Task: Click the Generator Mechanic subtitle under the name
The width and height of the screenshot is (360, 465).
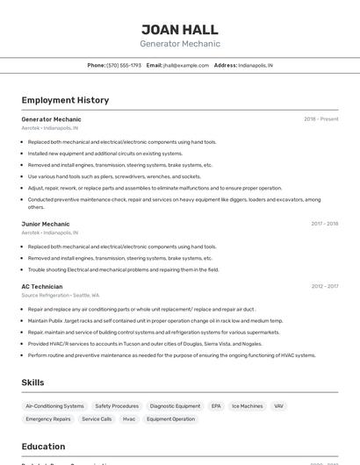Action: tap(180, 44)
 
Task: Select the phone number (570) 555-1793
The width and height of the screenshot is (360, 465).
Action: tap(124, 66)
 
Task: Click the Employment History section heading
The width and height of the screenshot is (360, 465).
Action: tap(65, 100)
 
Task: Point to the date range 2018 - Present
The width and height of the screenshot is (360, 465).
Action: tap(320, 119)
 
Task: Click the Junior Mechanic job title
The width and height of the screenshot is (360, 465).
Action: tap(46, 224)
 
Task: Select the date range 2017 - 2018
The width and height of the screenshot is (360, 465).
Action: tap(324, 224)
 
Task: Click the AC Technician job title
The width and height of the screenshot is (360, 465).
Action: tap(42, 286)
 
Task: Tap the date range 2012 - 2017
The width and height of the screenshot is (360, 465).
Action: tap(324, 286)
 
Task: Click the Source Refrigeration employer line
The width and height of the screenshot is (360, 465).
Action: tap(61, 296)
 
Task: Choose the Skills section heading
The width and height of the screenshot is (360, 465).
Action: tap(32, 383)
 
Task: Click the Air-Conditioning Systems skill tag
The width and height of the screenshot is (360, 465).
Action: tap(54, 406)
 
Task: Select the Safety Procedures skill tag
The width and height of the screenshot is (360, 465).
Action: tap(117, 406)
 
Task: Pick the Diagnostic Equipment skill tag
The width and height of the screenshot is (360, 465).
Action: tap(175, 406)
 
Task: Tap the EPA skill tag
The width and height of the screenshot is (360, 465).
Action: tap(216, 406)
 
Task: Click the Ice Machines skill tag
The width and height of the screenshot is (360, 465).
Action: tap(247, 406)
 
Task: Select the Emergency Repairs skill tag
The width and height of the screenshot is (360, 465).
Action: tap(48, 419)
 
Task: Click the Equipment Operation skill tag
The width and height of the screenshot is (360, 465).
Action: tap(170, 419)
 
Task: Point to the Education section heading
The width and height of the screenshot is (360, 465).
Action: tap(43, 447)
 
